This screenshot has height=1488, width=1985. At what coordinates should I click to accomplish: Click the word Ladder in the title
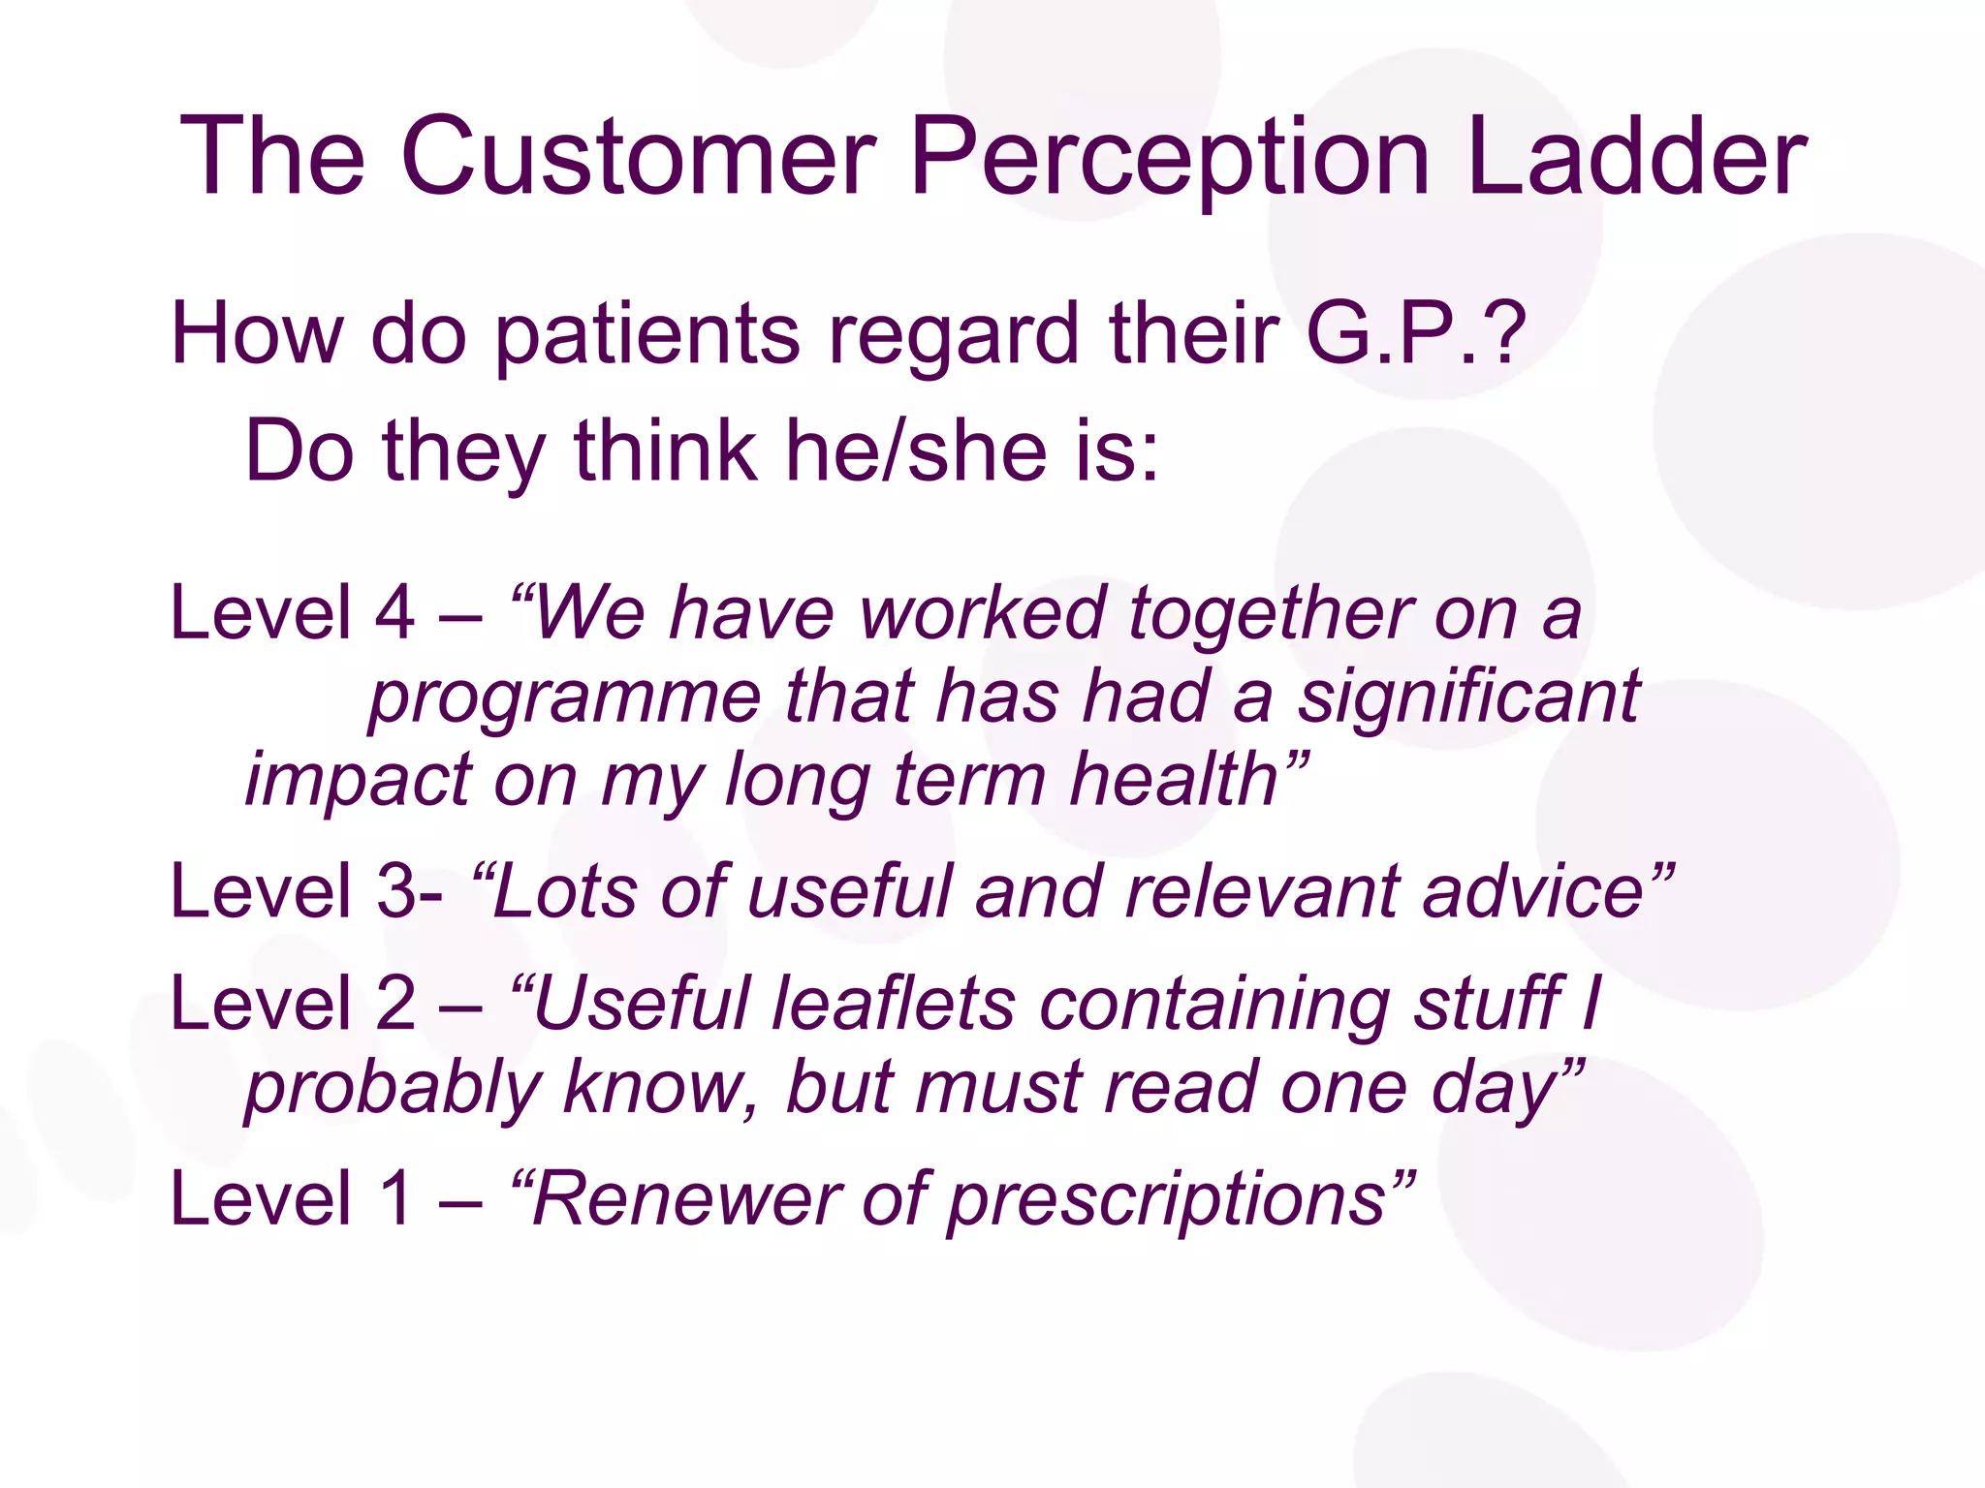pos(1636,157)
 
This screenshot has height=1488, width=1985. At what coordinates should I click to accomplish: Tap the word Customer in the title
pos(638,157)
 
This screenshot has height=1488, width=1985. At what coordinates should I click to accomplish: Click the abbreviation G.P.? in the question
pos(1415,333)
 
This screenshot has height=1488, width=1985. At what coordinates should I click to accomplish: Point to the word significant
pos(1468,697)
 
